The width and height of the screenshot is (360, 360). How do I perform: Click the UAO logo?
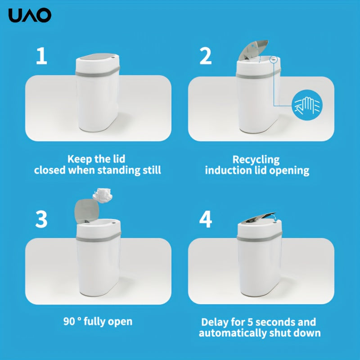(30, 16)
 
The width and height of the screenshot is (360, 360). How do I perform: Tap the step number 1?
(41, 56)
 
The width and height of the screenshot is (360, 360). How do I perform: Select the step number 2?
(206, 56)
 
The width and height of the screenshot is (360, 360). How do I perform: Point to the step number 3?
(41, 219)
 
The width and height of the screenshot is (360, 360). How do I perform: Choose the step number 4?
(206, 219)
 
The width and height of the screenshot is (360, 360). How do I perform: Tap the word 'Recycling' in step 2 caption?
(256, 160)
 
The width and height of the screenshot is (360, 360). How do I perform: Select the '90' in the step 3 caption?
(69, 322)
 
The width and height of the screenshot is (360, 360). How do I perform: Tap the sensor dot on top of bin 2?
(273, 59)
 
